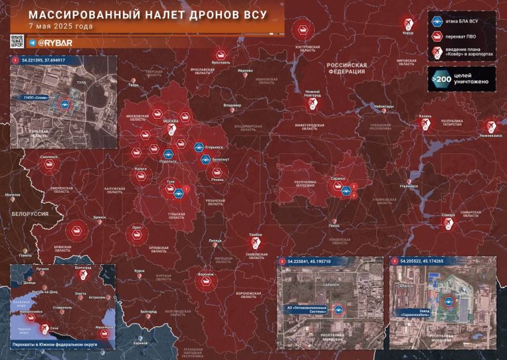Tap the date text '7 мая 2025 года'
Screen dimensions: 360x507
pos(60,26)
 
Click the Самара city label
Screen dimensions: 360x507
pos(449,214)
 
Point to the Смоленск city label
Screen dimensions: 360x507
pos(49,157)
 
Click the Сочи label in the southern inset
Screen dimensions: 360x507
pos(55,327)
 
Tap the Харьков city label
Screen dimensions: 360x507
pos(139,343)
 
